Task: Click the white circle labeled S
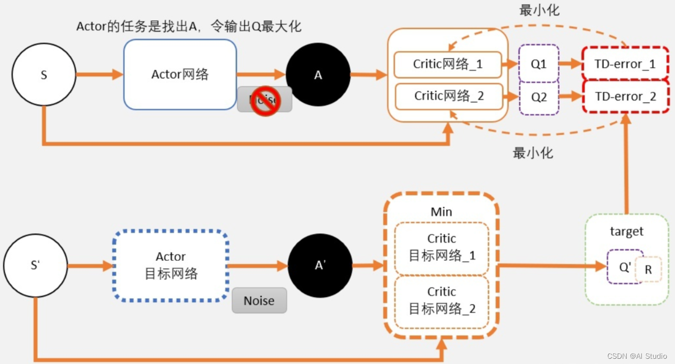44,75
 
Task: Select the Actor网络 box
180,74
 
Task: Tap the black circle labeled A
318,75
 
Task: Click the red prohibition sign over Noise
264,101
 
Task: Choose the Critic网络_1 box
448,64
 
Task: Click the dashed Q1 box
539,64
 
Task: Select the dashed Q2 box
539,97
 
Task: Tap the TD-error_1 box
625,64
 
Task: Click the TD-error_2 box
625,97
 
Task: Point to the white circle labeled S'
36,265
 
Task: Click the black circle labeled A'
320,265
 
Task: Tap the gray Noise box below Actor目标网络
259,301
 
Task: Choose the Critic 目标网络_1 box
442,248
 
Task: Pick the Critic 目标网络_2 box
442,301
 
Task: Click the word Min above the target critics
441,212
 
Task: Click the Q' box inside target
624,266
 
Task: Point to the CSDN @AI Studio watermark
637,356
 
